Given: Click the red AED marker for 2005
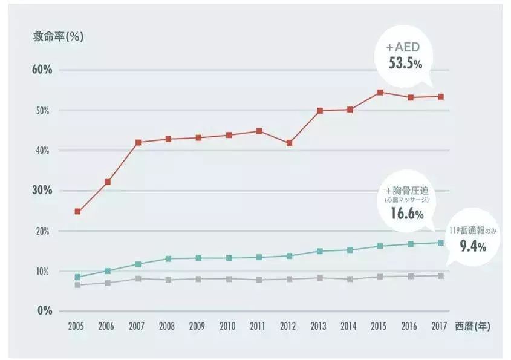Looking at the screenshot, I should [78, 212].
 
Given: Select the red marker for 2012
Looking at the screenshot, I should [290, 143].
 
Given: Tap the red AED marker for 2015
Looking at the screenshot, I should [380, 93].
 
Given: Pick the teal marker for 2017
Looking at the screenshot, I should [441, 243].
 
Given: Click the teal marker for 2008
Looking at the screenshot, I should [169, 259].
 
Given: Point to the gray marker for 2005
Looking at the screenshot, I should [78, 285].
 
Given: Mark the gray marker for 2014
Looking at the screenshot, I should [350, 279].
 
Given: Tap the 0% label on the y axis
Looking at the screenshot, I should [44, 311].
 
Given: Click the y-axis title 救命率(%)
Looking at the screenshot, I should [58, 36].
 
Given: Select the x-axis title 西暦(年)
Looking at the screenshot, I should [474, 326].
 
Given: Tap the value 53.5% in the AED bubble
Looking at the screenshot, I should [405, 62].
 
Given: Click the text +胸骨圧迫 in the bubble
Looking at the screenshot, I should [406, 188].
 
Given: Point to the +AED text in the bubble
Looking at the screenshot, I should [405, 47].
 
